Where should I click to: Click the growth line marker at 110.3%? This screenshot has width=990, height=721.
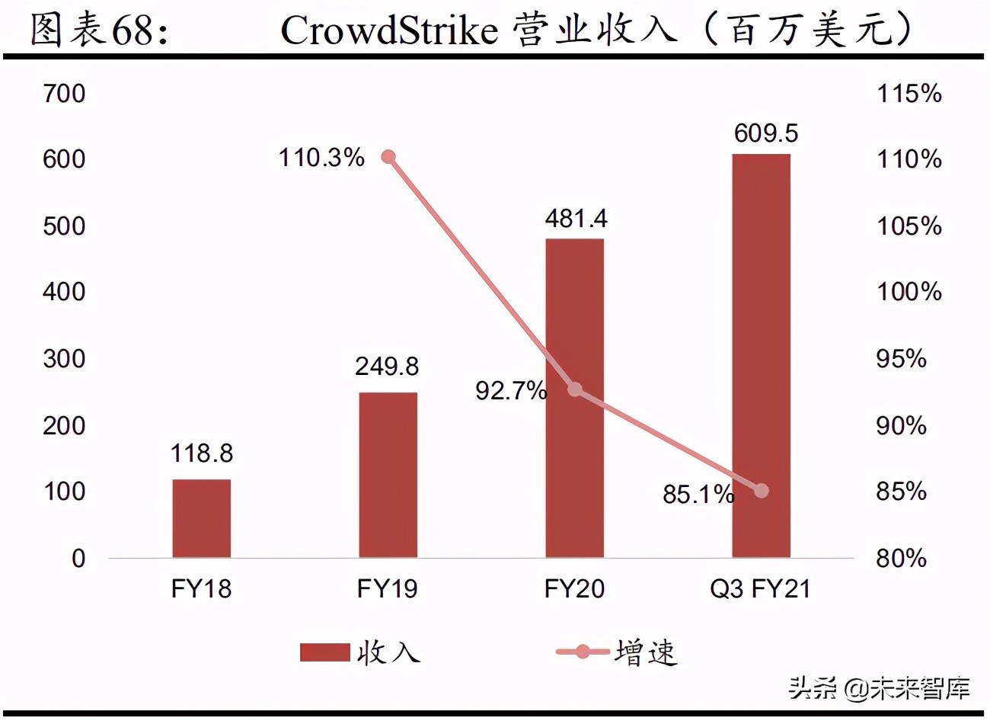[x=388, y=157]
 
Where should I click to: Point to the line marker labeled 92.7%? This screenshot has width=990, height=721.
[x=575, y=390]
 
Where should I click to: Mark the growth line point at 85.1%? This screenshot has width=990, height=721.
[x=761, y=491]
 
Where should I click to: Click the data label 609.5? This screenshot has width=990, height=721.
[x=765, y=133]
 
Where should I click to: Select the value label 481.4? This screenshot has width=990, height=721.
[x=576, y=219]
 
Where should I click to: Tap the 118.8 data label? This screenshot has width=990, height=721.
[x=201, y=453]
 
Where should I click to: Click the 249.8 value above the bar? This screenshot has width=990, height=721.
[x=387, y=367]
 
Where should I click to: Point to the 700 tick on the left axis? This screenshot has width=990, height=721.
[x=64, y=94]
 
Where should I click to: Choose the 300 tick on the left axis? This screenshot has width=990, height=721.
[x=64, y=358]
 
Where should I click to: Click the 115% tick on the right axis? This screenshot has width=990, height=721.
[x=909, y=94]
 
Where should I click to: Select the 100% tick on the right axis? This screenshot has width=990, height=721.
[x=909, y=291]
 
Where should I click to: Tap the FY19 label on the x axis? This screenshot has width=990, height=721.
[x=387, y=588]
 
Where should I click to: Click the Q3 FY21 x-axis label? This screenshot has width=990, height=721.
[x=760, y=588]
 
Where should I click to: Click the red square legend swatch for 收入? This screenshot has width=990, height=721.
[x=324, y=652]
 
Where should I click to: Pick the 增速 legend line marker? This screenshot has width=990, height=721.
[x=583, y=652]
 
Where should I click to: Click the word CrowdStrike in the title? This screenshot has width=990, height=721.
[x=388, y=30]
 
